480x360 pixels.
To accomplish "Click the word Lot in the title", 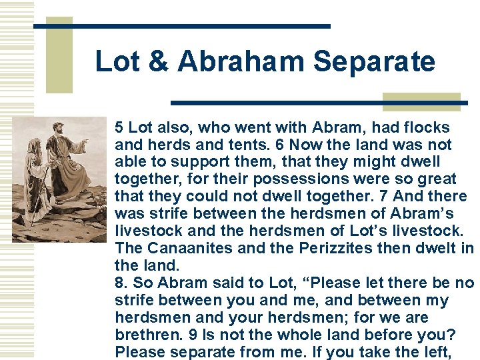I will [x=117, y=62].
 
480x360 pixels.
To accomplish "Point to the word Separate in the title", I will [x=373, y=62].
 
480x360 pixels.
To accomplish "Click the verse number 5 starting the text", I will [x=119, y=127].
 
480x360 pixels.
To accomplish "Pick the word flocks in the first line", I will [x=426, y=127].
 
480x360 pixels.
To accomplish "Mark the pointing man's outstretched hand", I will [x=85, y=142].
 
